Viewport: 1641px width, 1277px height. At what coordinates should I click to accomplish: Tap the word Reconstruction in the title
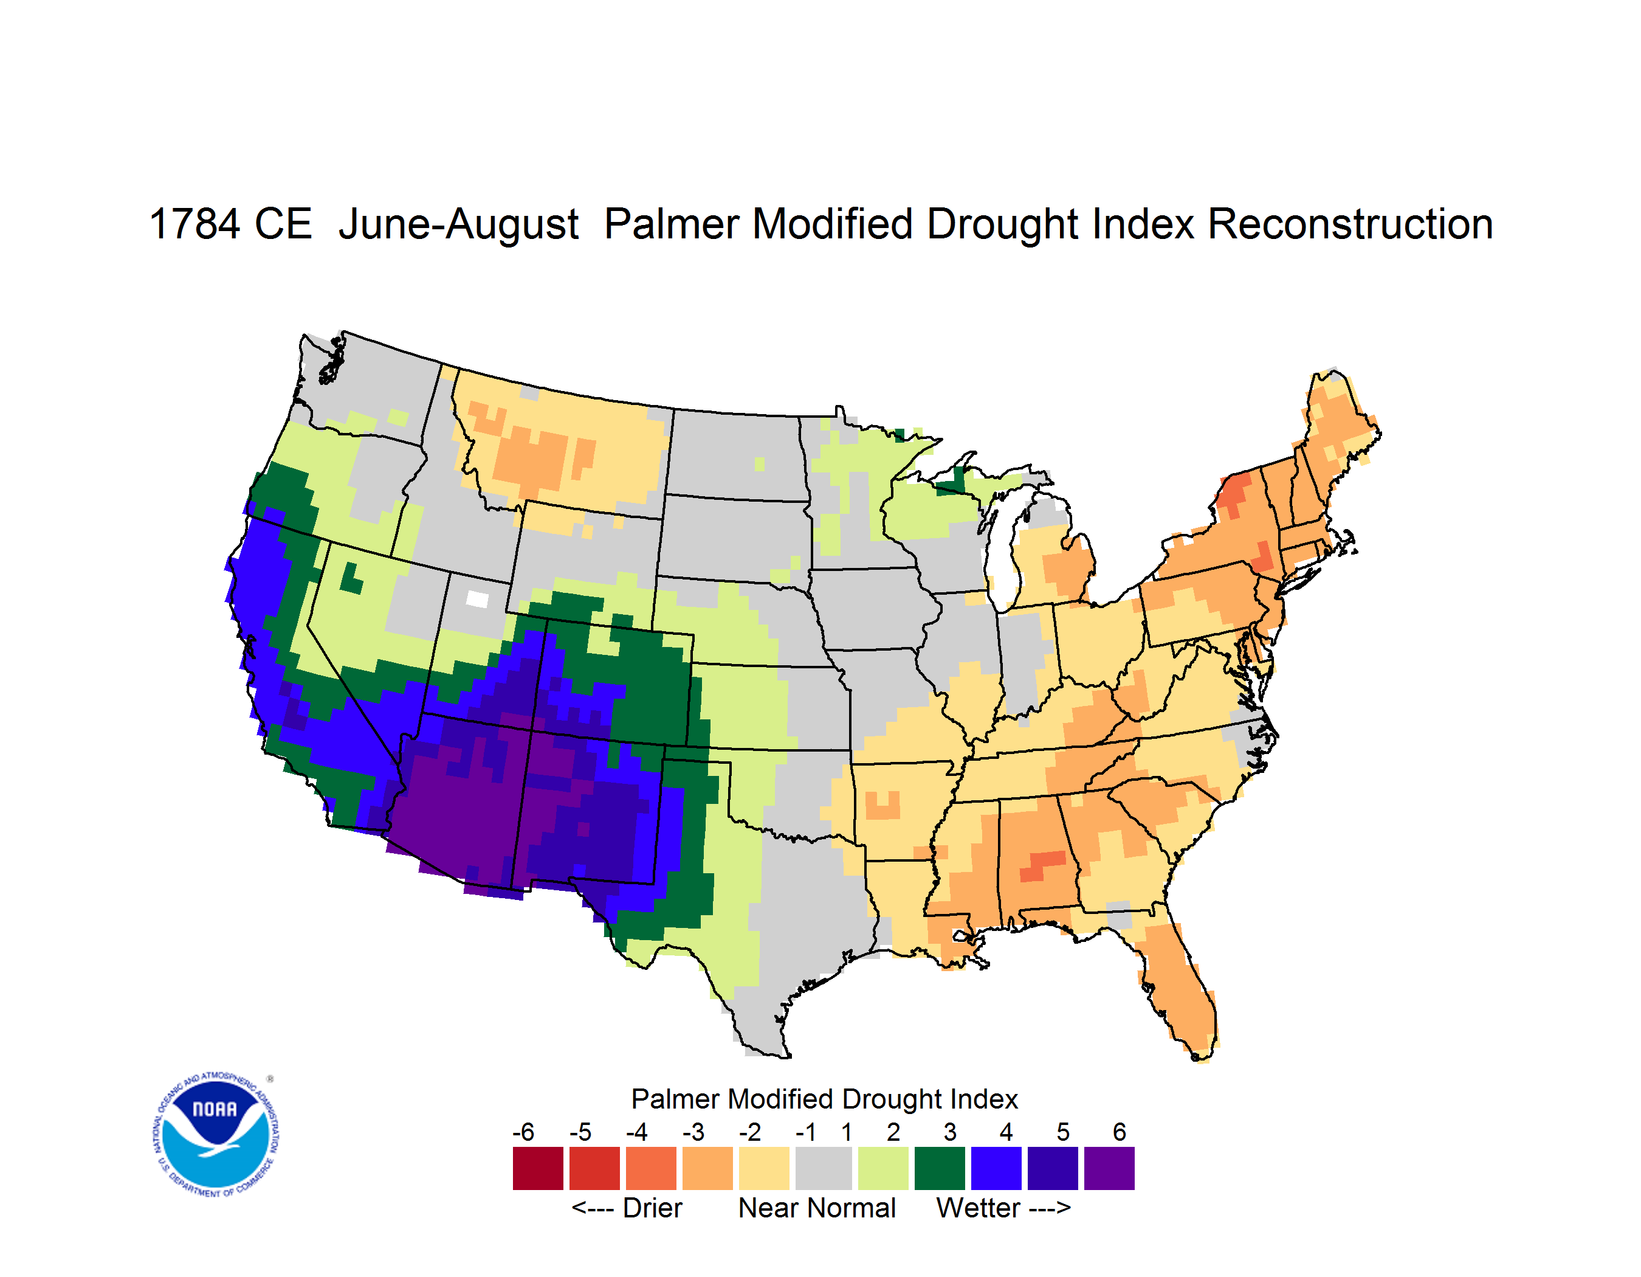(1350, 224)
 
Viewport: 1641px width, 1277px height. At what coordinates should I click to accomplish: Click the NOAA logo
(215, 1134)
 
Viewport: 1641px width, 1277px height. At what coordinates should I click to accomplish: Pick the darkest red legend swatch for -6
(538, 1168)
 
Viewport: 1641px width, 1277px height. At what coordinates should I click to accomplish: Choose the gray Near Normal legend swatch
(824, 1168)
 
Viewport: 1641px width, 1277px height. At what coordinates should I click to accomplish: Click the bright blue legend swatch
(996, 1168)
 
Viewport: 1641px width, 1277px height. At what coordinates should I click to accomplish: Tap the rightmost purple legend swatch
(1109, 1168)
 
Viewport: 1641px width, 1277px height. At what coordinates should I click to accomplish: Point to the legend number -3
(693, 1132)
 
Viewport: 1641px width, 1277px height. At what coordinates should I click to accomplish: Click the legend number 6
(1120, 1132)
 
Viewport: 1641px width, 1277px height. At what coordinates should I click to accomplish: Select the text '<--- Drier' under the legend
(627, 1208)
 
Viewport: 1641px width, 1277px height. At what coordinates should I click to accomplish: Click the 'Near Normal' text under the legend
(817, 1208)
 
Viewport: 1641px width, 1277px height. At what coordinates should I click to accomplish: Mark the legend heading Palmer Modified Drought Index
(824, 1099)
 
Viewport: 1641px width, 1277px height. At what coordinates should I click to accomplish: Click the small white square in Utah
(477, 599)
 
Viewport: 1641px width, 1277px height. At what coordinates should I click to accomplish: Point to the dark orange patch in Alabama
(1043, 866)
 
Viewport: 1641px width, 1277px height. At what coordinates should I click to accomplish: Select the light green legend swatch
(883, 1168)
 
